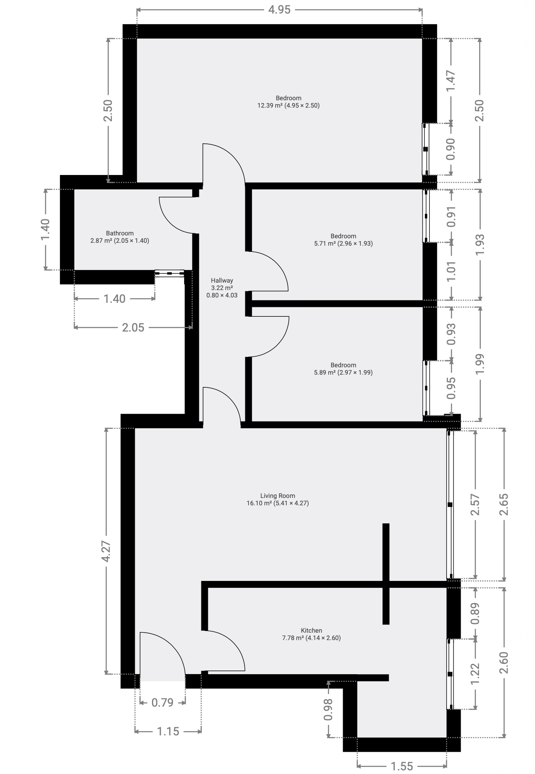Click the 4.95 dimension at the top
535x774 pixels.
click(x=279, y=9)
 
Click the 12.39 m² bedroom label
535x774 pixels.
click(x=288, y=101)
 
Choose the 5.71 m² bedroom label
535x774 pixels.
click(x=343, y=240)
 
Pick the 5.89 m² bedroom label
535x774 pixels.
click(x=343, y=369)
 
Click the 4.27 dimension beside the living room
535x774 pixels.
click(x=106, y=551)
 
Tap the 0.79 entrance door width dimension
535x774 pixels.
click(x=162, y=702)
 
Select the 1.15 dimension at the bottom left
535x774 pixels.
click(x=168, y=731)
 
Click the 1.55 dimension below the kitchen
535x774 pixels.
click(x=401, y=766)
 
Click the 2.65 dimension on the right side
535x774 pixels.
click(x=504, y=504)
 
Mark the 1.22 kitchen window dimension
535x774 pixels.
click(x=475, y=674)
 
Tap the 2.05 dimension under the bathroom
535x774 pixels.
click(x=133, y=327)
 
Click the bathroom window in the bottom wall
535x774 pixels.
click(x=169, y=272)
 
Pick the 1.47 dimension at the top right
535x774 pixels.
click(x=451, y=81)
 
